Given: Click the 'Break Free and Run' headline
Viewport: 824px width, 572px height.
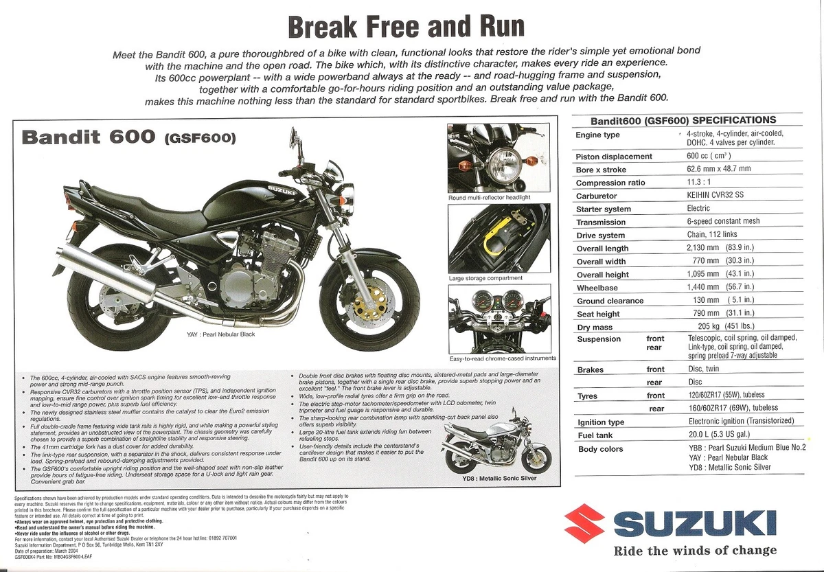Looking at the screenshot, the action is coord(407,27).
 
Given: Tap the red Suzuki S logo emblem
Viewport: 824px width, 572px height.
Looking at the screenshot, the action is coord(584,523).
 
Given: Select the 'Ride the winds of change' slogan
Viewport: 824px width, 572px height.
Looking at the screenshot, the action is coord(695,550).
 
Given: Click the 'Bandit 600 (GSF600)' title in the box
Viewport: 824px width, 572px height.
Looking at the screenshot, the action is coord(129,137).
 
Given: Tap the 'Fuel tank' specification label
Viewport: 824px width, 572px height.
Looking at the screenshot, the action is coord(595,435).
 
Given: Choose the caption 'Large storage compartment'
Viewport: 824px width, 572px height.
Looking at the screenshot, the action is coord(485,278).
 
